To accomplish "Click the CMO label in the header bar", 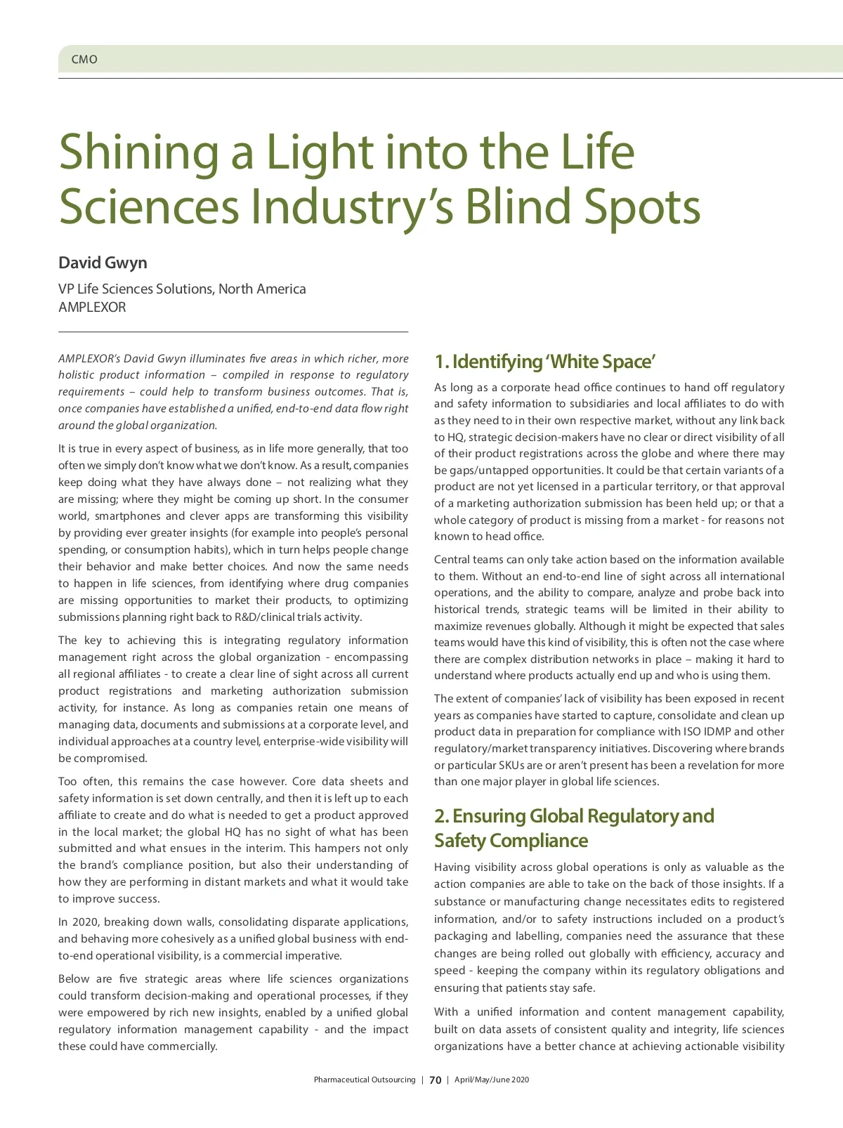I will point(84,60).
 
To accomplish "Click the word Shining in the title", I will point(138,152).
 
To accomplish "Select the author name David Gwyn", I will point(103,263).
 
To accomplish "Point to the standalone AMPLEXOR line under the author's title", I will point(92,307).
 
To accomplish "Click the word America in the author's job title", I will point(279,289).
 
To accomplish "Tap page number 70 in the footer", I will point(436,1080).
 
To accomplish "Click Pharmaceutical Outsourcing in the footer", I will point(365,1080).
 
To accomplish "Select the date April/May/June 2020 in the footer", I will point(492,1080).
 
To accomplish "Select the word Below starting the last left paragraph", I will point(74,979).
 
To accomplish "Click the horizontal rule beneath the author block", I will point(233,332).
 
